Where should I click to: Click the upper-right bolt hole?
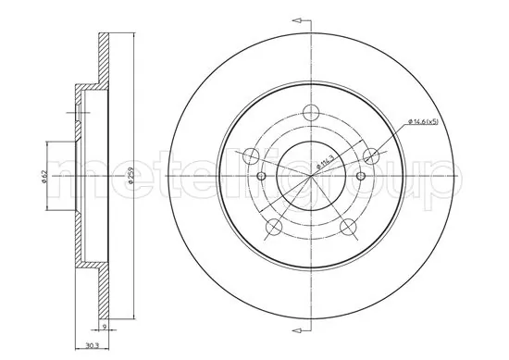(x=371, y=155)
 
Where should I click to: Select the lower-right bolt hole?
(x=348, y=228)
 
